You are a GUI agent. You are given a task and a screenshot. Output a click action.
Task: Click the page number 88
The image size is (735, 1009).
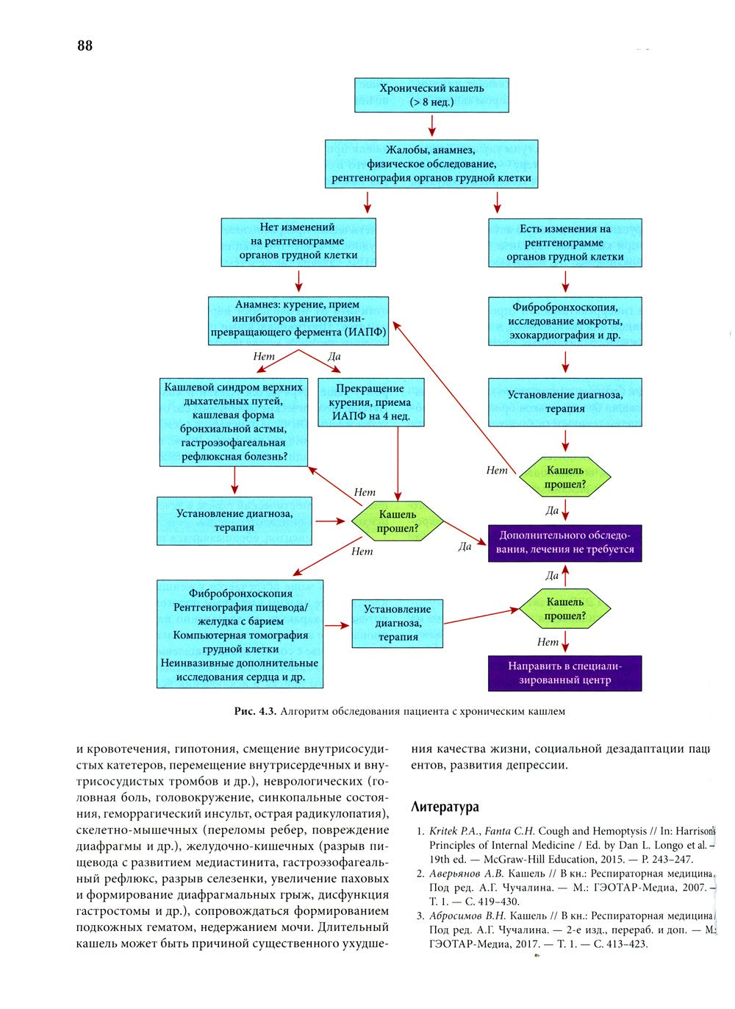click(x=85, y=46)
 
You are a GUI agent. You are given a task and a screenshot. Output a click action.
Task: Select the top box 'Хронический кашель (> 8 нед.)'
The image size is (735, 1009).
click(x=431, y=95)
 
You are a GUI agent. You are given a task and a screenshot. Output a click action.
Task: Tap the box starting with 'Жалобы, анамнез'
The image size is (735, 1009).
click(x=431, y=164)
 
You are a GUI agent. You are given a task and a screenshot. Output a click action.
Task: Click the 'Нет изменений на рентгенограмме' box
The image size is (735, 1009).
click(x=298, y=241)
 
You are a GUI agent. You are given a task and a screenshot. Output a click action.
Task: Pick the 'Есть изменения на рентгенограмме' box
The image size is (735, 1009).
click(x=564, y=243)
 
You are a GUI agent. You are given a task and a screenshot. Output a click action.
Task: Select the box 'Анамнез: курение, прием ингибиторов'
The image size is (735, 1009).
click(x=298, y=318)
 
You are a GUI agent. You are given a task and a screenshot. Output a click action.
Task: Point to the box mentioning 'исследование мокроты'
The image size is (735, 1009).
click(x=564, y=321)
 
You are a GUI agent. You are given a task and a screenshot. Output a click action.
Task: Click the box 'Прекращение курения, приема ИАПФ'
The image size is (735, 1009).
click(x=370, y=402)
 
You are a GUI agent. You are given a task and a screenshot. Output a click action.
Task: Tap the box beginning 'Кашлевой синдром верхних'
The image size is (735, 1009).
click(x=234, y=422)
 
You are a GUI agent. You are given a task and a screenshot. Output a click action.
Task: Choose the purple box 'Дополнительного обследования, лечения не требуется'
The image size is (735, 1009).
click(x=564, y=543)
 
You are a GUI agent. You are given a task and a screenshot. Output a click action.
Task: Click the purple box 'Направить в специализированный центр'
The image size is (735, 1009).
click(x=564, y=673)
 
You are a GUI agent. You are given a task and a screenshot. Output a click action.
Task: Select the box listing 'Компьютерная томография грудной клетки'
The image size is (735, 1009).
click(x=240, y=635)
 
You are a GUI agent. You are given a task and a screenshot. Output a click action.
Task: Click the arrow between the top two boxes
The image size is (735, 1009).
click(x=432, y=126)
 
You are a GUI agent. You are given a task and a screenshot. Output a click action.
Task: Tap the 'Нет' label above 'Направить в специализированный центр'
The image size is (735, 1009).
click(x=548, y=642)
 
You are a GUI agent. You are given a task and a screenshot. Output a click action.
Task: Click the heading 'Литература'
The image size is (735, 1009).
click(x=445, y=807)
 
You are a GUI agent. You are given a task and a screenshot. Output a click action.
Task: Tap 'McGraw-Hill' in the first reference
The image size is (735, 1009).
click(x=506, y=859)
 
